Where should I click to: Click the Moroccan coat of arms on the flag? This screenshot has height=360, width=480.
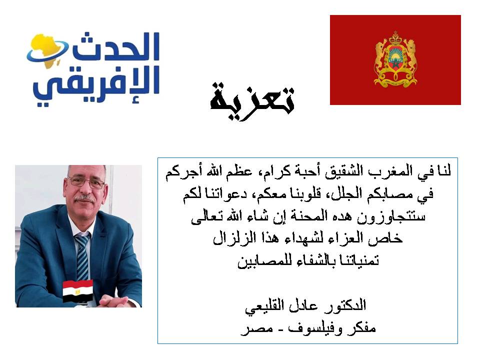[395, 59]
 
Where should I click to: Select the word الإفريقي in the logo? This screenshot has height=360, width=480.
[96, 85]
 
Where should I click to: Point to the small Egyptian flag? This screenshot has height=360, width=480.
[78, 291]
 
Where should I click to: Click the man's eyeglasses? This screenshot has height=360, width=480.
[86, 182]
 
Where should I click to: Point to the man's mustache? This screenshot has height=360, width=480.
[84, 198]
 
